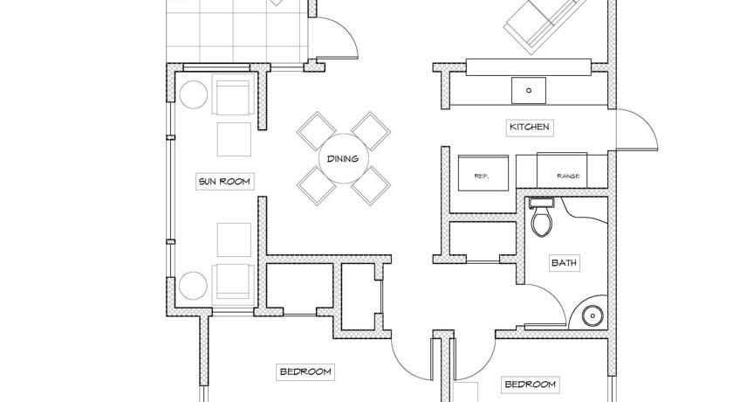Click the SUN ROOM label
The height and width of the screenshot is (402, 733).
click(x=224, y=181)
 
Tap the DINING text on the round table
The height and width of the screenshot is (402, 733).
click(x=343, y=159)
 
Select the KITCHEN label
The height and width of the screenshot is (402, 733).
click(x=530, y=127)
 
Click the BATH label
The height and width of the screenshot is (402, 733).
click(x=564, y=262)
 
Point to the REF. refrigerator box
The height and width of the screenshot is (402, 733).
click(x=483, y=173)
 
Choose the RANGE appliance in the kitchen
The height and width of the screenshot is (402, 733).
click(x=562, y=170)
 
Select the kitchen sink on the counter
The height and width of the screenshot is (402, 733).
click(x=529, y=90)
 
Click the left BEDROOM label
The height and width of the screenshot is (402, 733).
click(x=305, y=372)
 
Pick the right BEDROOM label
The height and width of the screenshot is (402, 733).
click(x=531, y=385)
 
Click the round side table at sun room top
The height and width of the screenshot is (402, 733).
click(x=194, y=94)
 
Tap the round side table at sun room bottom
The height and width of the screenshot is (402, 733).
click(x=193, y=287)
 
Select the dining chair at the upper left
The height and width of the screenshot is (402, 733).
click(x=317, y=131)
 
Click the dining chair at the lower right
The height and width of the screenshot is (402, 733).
click(x=371, y=185)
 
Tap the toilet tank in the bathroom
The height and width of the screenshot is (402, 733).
click(x=542, y=203)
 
